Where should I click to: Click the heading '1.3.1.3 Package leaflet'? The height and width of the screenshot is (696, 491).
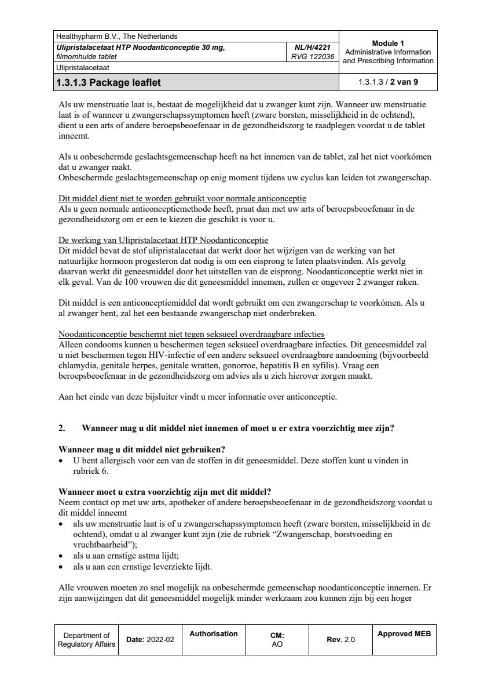108,82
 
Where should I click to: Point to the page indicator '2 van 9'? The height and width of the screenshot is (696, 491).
404,82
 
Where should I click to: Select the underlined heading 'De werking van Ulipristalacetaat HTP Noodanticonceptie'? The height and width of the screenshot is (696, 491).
164,241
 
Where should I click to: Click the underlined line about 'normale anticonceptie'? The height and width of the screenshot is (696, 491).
183,198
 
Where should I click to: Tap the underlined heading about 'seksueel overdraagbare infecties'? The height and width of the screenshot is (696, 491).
192,335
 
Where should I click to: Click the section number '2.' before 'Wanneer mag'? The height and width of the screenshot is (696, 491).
62,429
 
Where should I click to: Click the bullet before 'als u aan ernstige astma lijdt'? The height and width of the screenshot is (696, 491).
63,556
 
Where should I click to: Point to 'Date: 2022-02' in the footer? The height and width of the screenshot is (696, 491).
150,640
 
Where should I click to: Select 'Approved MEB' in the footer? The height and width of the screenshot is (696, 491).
404,634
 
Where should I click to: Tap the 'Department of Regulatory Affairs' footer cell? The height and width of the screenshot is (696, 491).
86,640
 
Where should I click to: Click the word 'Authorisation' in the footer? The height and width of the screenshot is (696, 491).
214,634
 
